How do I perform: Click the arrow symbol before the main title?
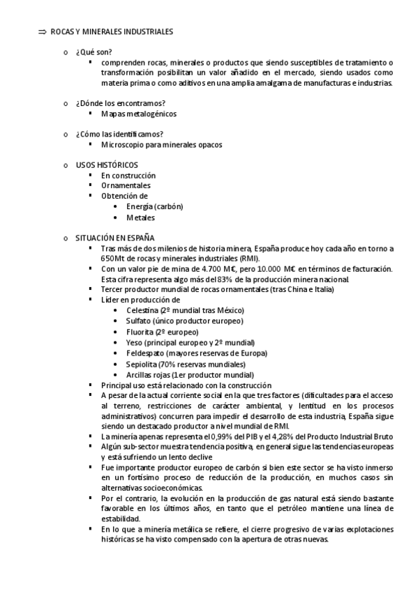point(41,32)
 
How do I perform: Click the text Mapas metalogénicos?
point(138,114)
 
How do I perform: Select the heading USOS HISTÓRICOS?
point(107,165)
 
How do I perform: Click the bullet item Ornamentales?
point(126,186)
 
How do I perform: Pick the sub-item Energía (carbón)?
point(154,207)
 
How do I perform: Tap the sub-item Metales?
point(140,217)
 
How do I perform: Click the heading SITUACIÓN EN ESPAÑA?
point(115,238)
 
